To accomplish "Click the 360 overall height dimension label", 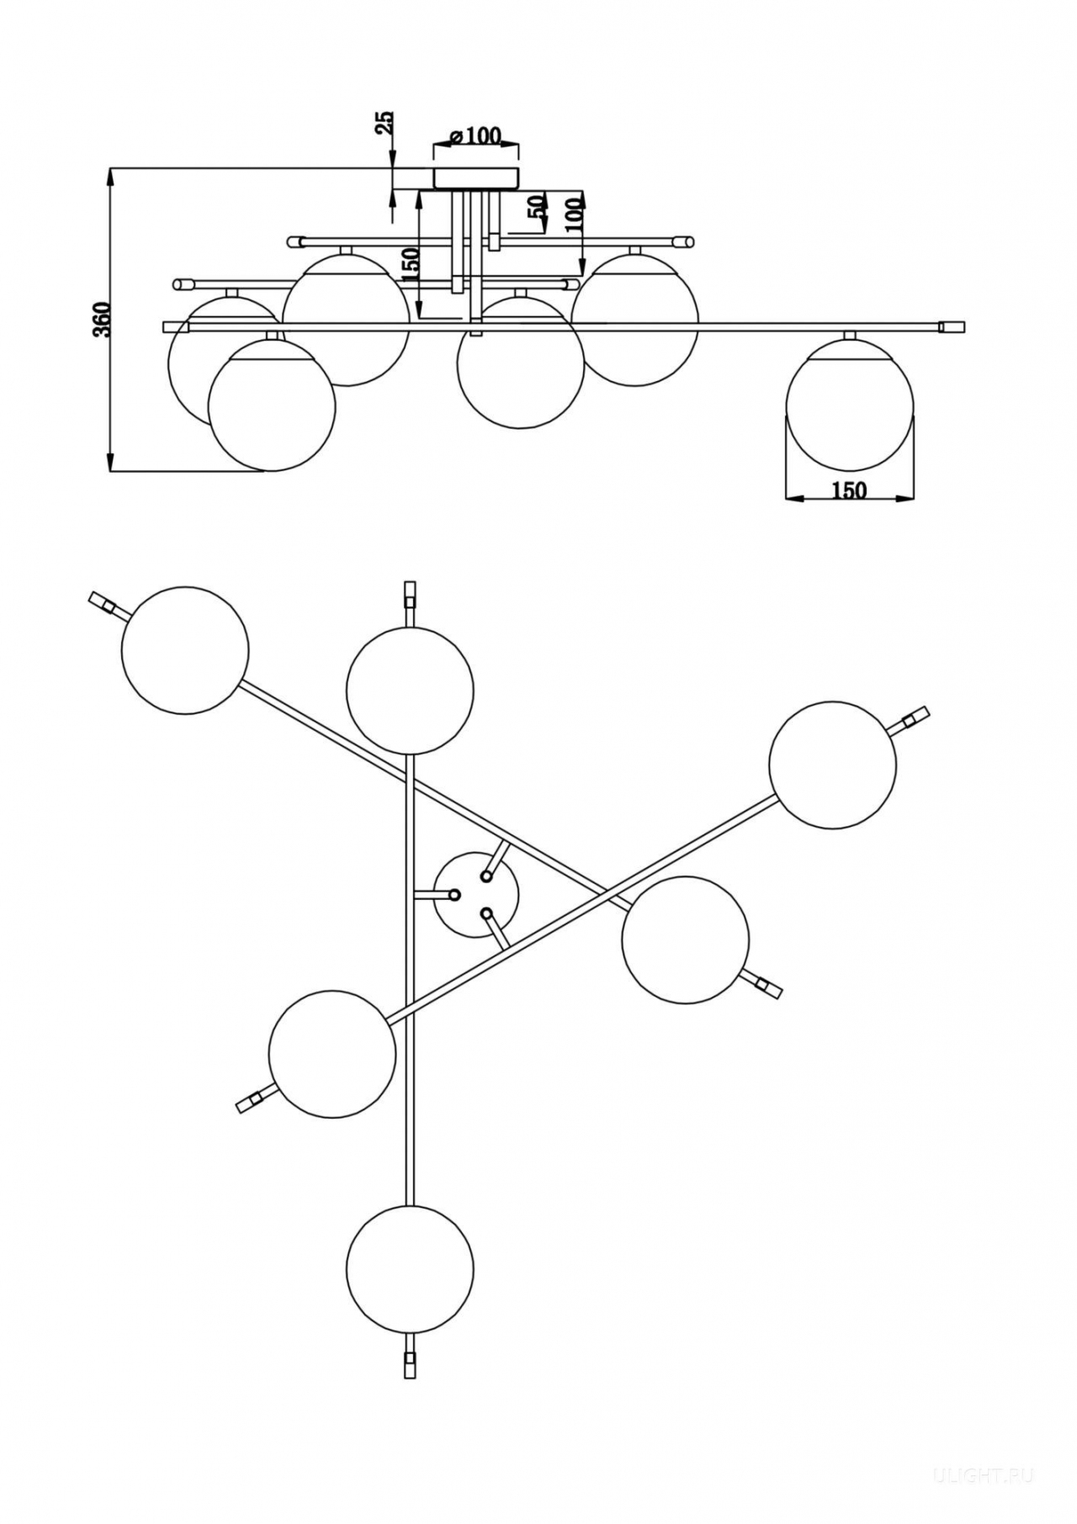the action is [101, 320].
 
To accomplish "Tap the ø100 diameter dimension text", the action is [475, 135].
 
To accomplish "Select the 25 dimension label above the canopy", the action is [385, 123].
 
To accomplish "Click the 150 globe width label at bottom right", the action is [849, 490].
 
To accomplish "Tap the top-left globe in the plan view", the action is [185, 650].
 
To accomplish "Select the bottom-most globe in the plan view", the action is [410, 1267].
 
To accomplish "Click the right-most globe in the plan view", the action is [832, 764].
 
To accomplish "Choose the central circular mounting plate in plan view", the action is [476, 895].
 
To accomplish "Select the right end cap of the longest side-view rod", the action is [952, 326].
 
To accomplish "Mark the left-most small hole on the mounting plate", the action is [454, 895].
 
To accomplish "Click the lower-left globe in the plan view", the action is [332, 1053].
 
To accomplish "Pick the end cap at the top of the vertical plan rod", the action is [410, 594].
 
